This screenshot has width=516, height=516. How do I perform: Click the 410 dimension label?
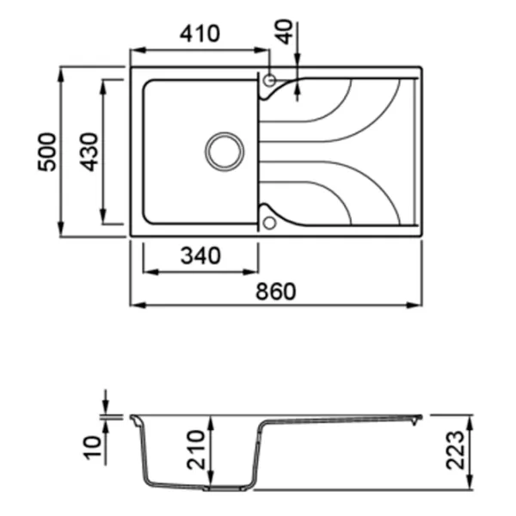[200, 34]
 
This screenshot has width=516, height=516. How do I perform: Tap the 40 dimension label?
[285, 32]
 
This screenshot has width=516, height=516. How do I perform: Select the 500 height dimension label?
[47, 151]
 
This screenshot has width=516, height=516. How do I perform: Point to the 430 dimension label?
[89, 151]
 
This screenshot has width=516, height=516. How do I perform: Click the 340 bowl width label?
[200, 255]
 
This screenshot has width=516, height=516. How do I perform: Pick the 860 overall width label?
[276, 292]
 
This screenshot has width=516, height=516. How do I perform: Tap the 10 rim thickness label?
[92, 447]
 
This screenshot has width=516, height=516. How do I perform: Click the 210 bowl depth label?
[195, 450]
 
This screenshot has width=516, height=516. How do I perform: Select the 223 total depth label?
[455, 450]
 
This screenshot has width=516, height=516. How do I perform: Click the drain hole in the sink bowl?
[224, 151]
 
